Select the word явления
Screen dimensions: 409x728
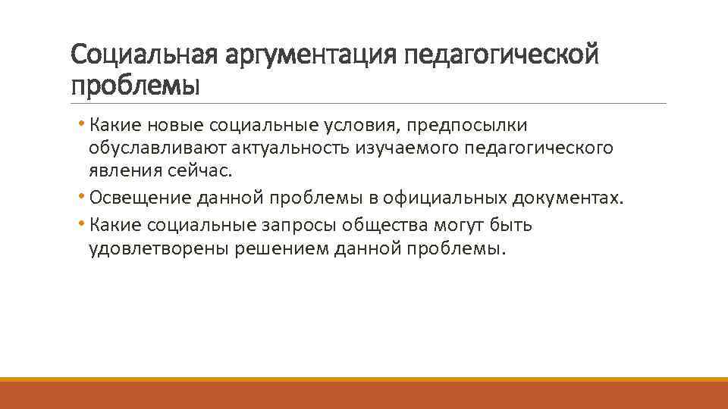[x=121, y=172]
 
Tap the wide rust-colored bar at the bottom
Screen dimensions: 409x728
[x=364, y=395]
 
